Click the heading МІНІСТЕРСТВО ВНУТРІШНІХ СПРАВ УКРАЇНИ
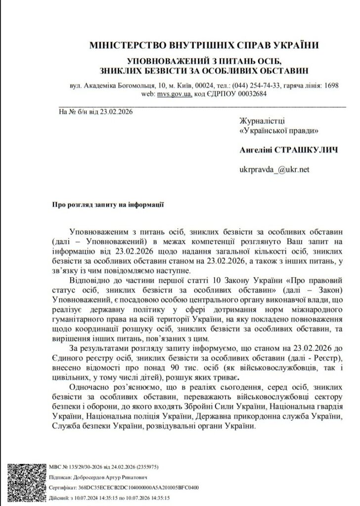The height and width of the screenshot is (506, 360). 203,45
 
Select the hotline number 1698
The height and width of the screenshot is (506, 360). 330,85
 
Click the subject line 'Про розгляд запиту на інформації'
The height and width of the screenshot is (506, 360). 108,203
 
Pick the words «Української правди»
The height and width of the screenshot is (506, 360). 278,130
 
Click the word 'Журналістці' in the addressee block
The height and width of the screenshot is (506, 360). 262,121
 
